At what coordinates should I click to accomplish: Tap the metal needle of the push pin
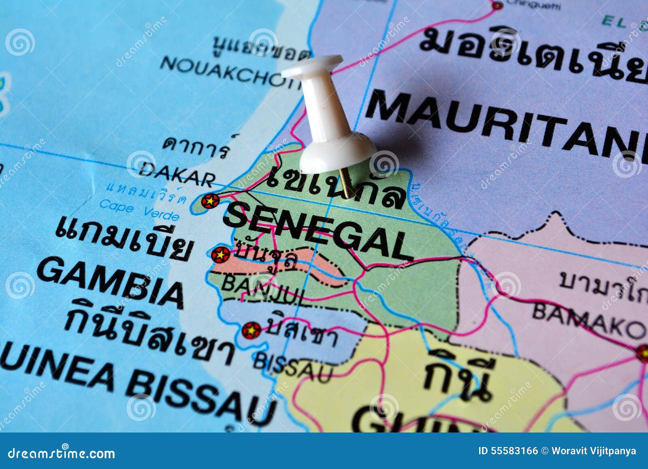[x=346, y=182]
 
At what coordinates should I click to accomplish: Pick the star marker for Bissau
[x=251, y=330]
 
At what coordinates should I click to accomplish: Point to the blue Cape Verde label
[x=139, y=210]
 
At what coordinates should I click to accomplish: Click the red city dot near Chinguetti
[x=497, y=6]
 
